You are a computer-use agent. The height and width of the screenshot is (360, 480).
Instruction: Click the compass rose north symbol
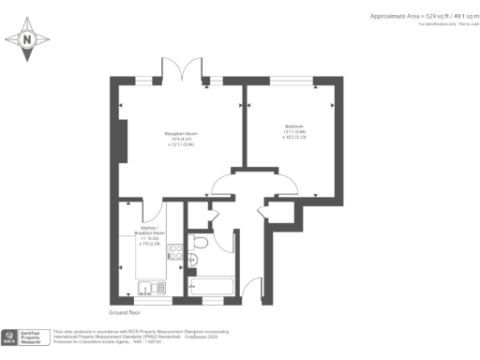click(x=27, y=39)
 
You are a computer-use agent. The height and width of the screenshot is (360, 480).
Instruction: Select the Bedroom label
click(x=294, y=126)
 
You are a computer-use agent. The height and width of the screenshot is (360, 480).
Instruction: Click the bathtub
click(x=214, y=286)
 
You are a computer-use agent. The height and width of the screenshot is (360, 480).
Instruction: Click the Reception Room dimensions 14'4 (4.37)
click(x=180, y=141)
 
